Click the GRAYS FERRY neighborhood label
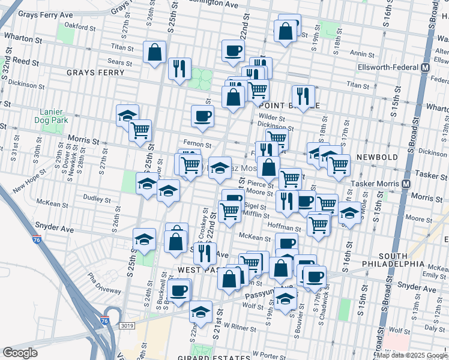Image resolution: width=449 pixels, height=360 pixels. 95,73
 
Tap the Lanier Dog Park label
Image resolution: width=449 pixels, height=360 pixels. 55,116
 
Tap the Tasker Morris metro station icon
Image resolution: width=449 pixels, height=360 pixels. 406,184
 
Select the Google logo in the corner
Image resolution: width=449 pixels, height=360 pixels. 20,353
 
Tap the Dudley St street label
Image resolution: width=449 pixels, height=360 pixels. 94,197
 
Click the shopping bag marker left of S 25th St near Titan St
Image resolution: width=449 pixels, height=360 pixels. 155,52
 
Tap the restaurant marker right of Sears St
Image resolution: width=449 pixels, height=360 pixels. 179,68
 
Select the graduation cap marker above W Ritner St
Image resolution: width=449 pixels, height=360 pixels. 200,311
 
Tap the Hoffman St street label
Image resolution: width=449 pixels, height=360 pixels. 285,228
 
